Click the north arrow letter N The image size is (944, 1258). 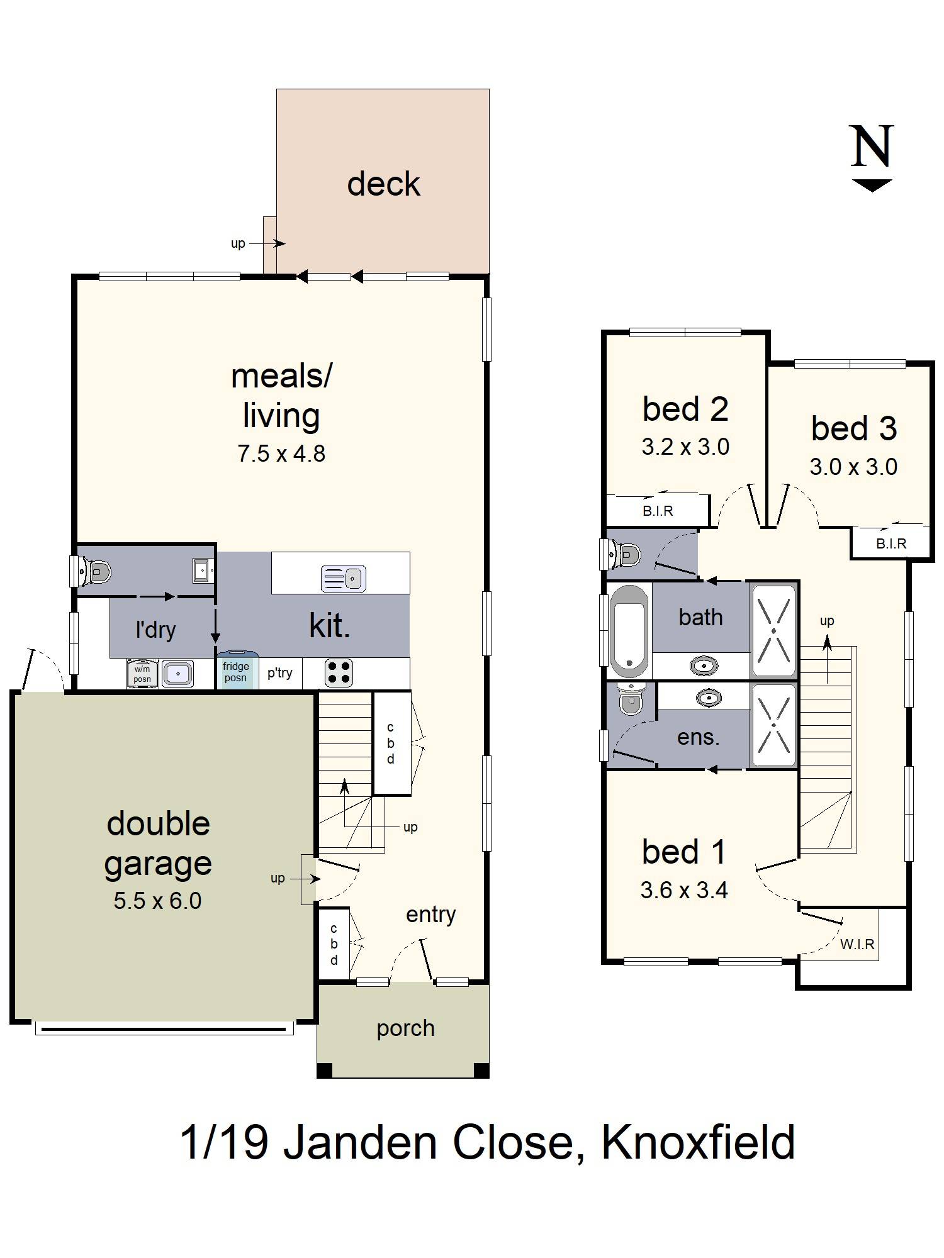pos(872,146)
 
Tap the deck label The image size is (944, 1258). pos(383,184)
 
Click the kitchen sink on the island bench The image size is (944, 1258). pos(343,578)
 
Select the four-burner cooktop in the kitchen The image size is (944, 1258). pos(339,673)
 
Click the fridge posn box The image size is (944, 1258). pos(236,672)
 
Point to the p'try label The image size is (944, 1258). pos(279,672)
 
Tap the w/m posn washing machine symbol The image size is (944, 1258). pos(142,674)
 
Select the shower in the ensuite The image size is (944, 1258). pos(774,725)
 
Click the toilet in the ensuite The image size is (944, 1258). pos(630,699)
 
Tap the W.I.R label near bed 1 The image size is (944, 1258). pos(857,944)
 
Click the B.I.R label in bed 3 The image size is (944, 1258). pos(891,543)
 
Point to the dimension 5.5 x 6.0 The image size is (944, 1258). pos(157,901)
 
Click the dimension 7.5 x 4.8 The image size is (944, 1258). pos(281,454)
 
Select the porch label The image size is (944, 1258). pos(405,1028)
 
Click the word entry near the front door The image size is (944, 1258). pos(430,915)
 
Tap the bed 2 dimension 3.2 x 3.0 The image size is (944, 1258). pos(685,447)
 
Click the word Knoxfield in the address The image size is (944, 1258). pos(698,1143)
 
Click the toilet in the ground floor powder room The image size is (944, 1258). pos(96,571)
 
